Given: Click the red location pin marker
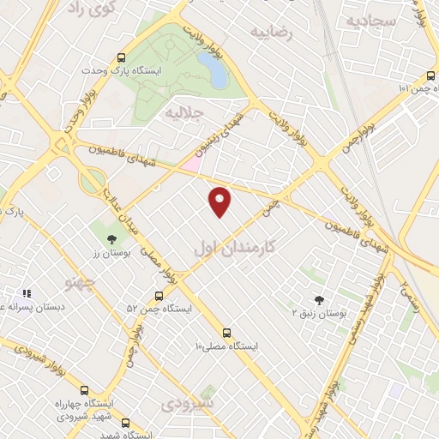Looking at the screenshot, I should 220,201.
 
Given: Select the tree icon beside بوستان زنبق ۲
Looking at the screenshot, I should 320,300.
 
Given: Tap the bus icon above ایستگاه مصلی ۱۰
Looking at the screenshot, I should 226,333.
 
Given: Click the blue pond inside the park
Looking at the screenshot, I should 213,69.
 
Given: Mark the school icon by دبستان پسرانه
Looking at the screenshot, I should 26,293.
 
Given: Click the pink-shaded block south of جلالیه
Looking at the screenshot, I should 193,162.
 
